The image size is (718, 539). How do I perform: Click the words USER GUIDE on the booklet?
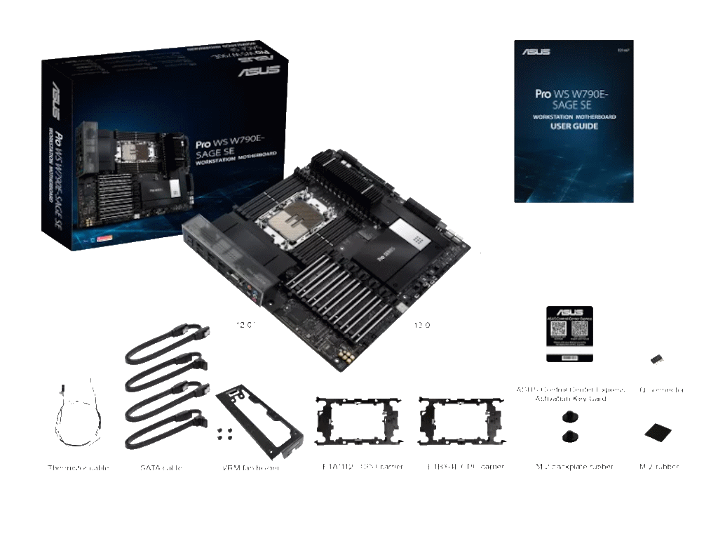click(x=574, y=126)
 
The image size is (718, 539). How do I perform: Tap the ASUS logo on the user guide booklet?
click(x=536, y=52)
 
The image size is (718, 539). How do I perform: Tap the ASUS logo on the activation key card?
click(x=569, y=313)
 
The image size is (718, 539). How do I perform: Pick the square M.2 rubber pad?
click(x=658, y=430)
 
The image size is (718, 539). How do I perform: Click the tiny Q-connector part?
click(x=656, y=359)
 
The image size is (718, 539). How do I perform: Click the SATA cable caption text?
click(x=161, y=467)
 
